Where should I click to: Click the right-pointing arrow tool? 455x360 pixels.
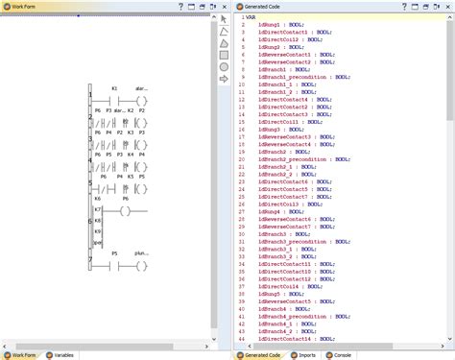point(224,80)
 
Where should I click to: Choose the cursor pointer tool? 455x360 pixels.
point(224,18)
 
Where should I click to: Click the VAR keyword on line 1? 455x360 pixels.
point(251,17)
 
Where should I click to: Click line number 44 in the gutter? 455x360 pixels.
point(240,339)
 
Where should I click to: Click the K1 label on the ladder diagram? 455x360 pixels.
point(114,88)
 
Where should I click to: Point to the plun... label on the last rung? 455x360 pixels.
point(142,252)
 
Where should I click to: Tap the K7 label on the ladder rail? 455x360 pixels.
point(97,210)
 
